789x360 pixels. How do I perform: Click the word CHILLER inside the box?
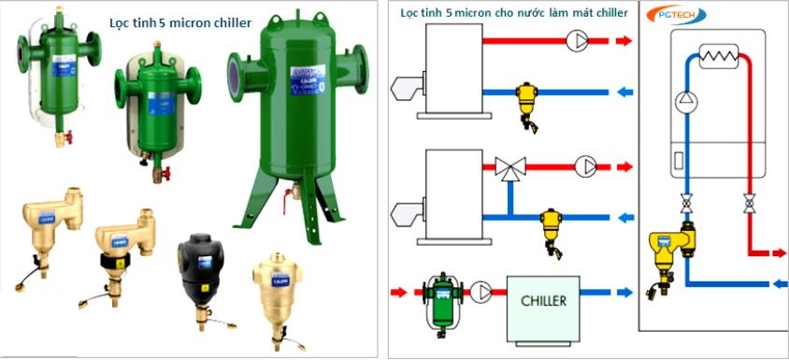(x=543, y=302)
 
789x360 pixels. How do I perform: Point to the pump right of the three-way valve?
(x=585, y=166)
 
